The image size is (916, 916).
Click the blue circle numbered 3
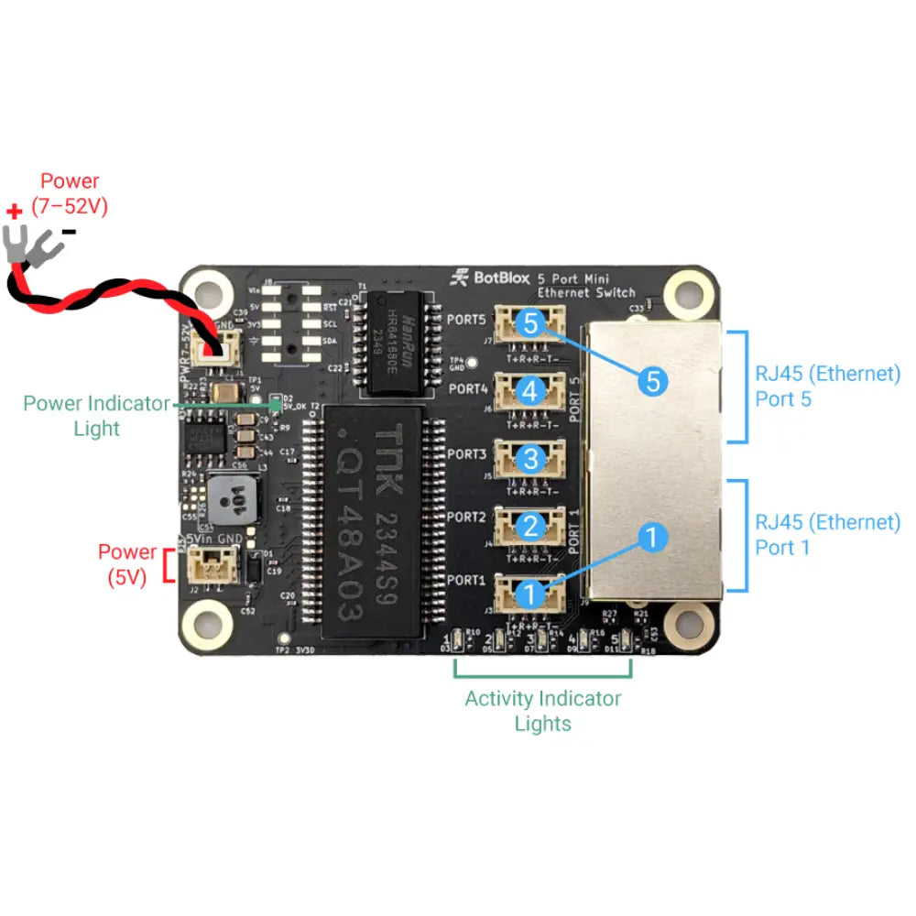point(530,458)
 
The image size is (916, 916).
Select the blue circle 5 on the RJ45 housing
point(651,380)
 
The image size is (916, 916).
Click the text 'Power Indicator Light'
point(96,415)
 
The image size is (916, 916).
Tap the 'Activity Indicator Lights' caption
point(542,711)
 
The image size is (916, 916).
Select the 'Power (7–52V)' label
point(70,194)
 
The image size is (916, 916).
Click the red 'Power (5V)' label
point(127,564)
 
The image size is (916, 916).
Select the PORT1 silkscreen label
point(466,580)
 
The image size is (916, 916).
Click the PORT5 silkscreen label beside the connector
point(467,321)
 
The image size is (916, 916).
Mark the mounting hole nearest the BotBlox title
point(684,292)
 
